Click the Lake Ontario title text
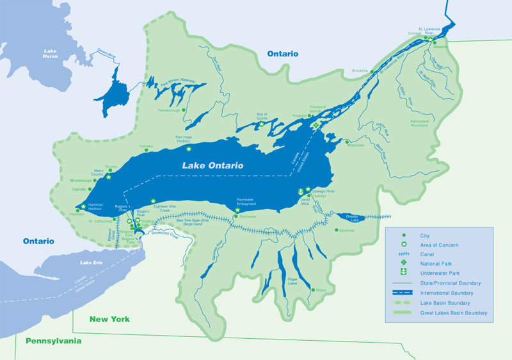(212, 165)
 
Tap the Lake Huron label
(51, 54)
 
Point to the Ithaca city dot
(314, 290)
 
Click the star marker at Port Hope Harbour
(189, 149)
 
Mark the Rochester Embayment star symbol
(237, 209)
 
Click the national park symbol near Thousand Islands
(315, 126)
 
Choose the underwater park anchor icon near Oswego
(300, 192)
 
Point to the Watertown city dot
(346, 142)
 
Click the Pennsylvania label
(53, 341)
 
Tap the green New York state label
(109, 318)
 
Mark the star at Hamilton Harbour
(83, 206)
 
